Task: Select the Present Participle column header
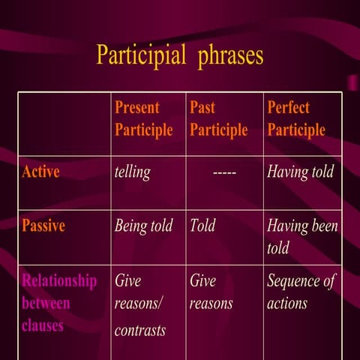click(x=143, y=118)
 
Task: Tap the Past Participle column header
click(x=218, y=118)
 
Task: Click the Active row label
click(x=41, y=172)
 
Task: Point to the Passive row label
click(x=43, y=226)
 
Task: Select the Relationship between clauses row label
click(x=59, y=303)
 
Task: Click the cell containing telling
click(x=132, y=172)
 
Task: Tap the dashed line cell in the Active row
click(x=225, y=172)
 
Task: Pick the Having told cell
click(x=300, y=172)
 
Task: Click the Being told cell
click(x=143, y=226)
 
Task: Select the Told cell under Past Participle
click(x=202, y=226)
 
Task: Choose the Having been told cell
click(x=302, y=236)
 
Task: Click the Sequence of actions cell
click(x=300, y=292)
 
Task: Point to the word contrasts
click(x=139, y=329)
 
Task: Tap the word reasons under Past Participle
click(x=211, y=304)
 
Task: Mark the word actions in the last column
click(x=287, y=304)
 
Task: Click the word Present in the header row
click(x=137, y=107)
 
